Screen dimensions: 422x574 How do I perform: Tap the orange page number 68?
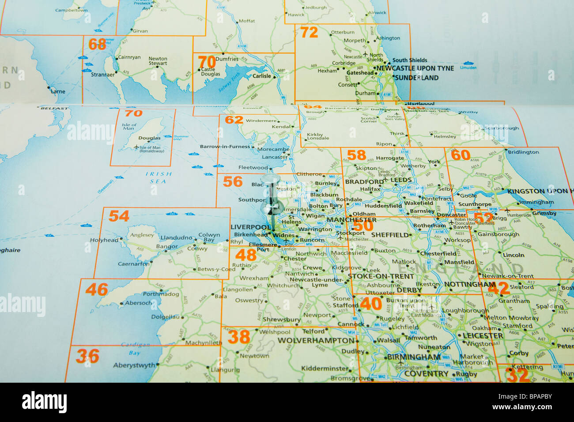point(97,44)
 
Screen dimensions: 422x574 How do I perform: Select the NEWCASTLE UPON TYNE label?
point(415,68)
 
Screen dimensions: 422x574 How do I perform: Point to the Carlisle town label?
point(261,76)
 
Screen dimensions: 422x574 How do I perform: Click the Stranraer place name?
point(102,75)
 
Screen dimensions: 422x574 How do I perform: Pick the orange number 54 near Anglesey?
point(119,216)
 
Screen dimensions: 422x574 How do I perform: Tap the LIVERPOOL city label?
point(250,227)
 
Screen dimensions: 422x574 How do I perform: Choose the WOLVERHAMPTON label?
point(316,341)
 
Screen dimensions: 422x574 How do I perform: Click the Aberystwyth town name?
point(134,365)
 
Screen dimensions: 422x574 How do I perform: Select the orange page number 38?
point(239,337)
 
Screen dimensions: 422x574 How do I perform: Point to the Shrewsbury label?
point(281,320)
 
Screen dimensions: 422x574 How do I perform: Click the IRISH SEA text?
point(158,177)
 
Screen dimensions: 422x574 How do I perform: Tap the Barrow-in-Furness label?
point(225,147)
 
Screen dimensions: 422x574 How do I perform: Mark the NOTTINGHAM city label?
point(469,284)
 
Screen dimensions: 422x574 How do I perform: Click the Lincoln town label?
point(513,255)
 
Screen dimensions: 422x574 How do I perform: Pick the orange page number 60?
point(460,155)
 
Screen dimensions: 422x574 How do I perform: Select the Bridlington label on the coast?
point(523,152)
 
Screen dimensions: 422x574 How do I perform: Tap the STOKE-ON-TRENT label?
point(381,276)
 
